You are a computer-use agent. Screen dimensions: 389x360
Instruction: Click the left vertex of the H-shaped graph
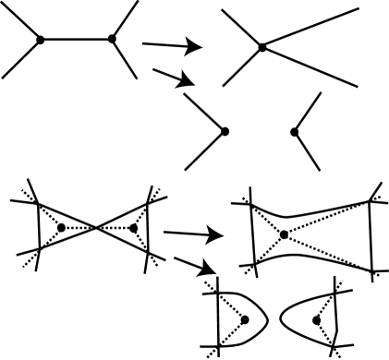coord(39,39)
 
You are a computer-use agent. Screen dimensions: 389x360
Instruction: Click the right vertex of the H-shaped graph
coord(112,39)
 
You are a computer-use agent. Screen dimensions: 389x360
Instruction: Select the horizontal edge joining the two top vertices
coord(75,39)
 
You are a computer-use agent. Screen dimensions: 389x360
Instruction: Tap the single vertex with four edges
coord(262,46)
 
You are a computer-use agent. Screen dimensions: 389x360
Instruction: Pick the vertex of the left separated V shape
coord(223,132)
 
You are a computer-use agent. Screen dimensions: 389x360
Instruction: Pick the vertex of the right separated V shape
coord(294,132)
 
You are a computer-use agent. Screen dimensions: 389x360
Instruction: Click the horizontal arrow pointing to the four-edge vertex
coord(172,43)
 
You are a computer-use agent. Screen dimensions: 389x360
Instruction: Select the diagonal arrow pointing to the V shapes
coord(176,78)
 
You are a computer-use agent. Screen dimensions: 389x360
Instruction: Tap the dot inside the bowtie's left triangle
coord(61,227)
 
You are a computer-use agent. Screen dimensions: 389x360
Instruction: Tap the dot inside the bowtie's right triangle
coord(134,227)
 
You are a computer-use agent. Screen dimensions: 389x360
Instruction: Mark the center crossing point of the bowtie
coord(97,227)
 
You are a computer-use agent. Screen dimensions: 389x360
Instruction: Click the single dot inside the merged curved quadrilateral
coord(285,235)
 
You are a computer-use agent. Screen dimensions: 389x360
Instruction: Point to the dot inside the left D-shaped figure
coord(245,319)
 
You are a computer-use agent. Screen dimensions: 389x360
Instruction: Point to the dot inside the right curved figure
coord(317,320)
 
